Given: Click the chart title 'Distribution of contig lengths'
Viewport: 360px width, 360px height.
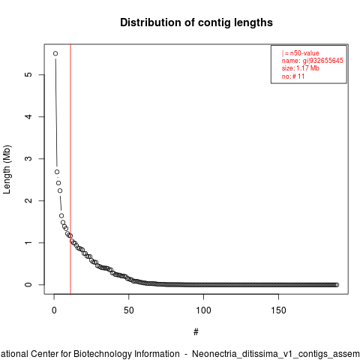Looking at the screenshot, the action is coord(196,22).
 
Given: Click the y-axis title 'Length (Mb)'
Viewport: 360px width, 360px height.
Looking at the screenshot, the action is coord(7,169).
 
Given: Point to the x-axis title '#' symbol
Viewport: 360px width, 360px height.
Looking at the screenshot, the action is coord(196,332).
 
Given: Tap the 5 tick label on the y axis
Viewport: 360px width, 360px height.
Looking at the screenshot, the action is coord(28,74).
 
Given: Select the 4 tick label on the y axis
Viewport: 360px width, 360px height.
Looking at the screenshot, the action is coord(28,116).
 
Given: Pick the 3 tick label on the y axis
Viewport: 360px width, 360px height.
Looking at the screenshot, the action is coord(28,158).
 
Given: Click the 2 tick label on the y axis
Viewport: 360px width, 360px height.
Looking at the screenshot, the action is coord(28,200).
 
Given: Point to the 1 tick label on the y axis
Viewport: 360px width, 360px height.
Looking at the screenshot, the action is coord(28,242).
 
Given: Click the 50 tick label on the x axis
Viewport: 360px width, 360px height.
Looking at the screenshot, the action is coord(129,310).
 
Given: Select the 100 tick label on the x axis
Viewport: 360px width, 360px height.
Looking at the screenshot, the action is coord(203,310).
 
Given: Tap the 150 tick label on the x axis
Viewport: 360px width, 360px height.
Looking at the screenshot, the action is coord(278,310).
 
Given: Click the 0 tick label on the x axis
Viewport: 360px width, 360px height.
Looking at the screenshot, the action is coord(54,310).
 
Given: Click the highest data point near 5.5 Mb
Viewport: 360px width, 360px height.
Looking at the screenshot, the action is coord(55,53).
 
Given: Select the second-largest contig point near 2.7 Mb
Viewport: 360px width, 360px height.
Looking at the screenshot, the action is coord(57,172).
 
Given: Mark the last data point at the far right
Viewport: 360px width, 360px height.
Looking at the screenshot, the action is coord(337,285).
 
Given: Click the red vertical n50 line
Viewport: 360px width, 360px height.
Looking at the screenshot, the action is coord(70,169).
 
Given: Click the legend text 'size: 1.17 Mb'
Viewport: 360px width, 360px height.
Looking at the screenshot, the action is coord(301,68).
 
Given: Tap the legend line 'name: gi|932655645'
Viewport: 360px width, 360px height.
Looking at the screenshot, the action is coord(313,61).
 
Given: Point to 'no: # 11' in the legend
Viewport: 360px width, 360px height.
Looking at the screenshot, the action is coord(293,76).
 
